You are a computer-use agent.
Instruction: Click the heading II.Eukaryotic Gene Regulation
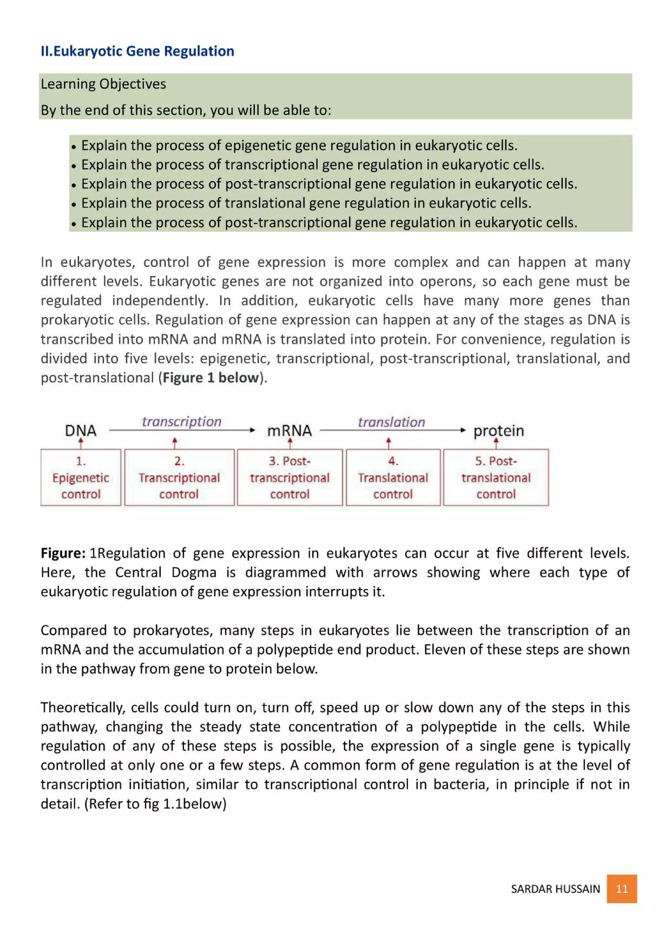point(137,51)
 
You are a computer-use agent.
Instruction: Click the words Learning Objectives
point(103,84)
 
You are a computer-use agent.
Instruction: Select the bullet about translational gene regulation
point(306,203)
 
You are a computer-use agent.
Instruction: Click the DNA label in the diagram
point(81,431)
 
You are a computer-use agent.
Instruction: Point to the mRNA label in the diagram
point(289,431)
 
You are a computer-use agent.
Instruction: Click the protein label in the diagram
point(499,431)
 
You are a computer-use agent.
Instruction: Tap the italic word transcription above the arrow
point(182,422)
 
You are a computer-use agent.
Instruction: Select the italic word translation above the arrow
point(391,422)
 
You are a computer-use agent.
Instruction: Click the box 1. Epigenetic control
point(81,478)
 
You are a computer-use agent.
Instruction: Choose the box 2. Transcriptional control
point(179,478)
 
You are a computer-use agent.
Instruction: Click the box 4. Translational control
point(393,478)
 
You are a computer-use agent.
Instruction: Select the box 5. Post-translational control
point(496,478)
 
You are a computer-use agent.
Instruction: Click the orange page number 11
point(622,889)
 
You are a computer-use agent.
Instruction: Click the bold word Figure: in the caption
point(63,553)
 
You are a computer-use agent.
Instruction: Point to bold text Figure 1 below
point(210,378)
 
